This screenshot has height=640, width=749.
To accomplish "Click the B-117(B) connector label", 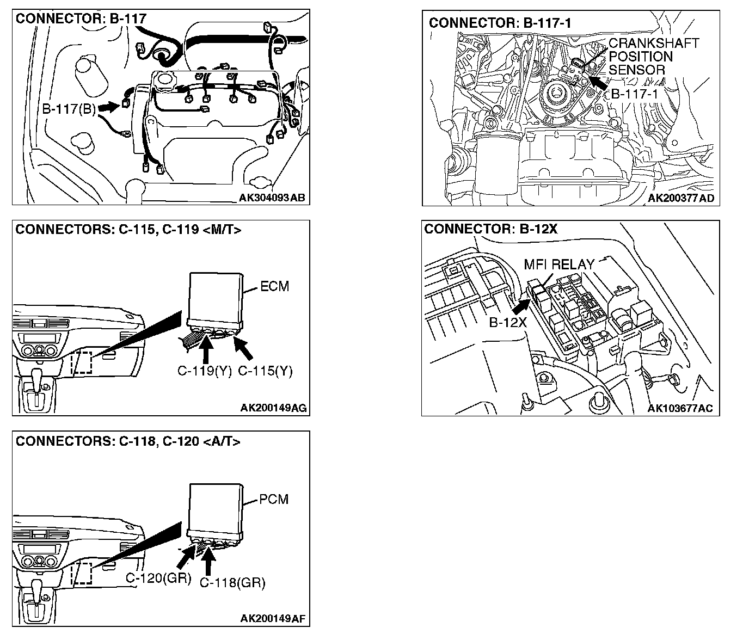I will click(x=69, y=109).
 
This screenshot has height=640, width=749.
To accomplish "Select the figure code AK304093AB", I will click(x=272, y=198).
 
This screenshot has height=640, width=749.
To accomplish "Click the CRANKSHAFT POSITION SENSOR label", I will click(x=653, y=56).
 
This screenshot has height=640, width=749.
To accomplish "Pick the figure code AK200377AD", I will click(x=680, y=199).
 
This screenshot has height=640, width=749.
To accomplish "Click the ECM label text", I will click(x=274, y=286).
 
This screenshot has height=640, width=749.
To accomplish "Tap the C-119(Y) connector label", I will click(x=205, y=371).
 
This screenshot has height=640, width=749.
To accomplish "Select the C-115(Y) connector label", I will click(x=266, y=371).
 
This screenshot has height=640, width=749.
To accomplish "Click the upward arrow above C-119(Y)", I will click(x=206, y=349).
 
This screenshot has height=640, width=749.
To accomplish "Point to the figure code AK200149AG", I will click(x=273, y=408).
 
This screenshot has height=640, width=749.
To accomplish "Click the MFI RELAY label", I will click(x=559, y=265).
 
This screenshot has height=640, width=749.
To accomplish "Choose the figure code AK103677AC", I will click(x=680, y=408).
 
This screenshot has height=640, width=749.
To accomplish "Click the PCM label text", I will click(x=274, y=499).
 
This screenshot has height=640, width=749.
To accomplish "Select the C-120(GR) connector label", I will click(x=158, y=578).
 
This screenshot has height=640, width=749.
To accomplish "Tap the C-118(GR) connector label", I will click(x=232, y=583).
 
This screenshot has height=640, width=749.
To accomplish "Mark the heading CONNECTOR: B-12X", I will click(x=490, y=230).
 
